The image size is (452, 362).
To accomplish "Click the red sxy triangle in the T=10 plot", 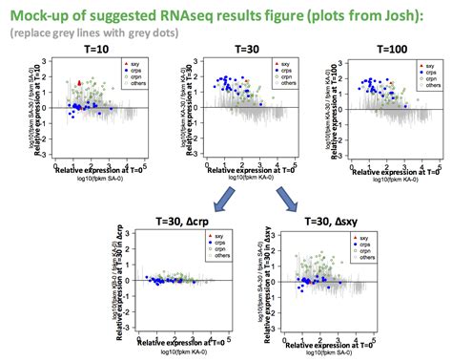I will click(x=78, y=83).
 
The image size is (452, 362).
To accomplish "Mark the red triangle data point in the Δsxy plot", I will click(x=305, y=281).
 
